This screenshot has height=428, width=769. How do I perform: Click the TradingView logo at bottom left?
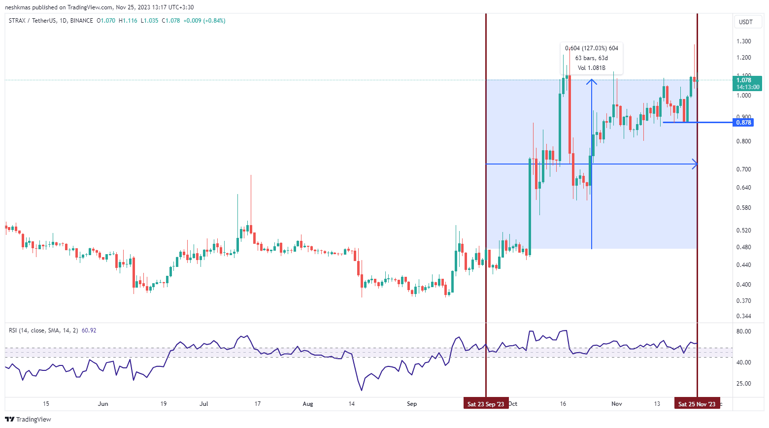point(28,419)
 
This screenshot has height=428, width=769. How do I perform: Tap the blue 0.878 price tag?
point(743,122)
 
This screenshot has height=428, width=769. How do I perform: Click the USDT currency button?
point(746,22)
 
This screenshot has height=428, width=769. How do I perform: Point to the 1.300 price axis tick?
point(743,41)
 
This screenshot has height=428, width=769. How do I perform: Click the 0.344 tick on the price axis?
point(743,316)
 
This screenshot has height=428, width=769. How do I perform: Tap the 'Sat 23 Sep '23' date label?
point(486,404)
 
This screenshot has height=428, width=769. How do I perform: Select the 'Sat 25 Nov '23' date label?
point(697,404)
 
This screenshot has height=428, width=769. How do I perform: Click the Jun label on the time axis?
point(103,404)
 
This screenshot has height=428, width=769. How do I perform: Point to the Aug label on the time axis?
point(308,404)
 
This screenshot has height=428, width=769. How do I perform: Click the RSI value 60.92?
point(89,330)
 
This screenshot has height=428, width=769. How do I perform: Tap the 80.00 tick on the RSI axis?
point(743,331)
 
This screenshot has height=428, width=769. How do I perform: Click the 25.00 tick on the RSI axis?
point(743,384)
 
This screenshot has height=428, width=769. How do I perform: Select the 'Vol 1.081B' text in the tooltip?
point(592,68)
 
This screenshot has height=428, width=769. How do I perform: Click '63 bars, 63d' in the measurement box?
point(592,58)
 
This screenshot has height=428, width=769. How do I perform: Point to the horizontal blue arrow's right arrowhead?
point(696,164)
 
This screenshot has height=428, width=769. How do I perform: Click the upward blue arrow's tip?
point(592,80)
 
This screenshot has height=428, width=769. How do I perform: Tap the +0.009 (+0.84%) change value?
point(204,21)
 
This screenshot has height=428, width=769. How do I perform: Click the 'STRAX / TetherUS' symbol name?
point(32,21)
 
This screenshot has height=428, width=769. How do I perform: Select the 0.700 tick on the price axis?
point(743,169)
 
